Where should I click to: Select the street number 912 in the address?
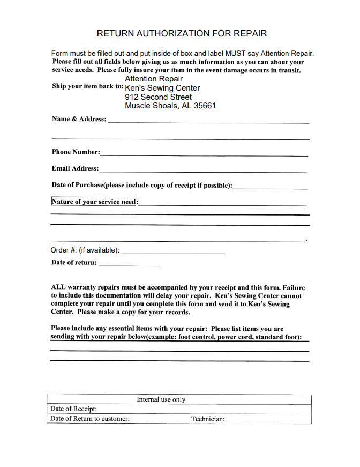[131, 97]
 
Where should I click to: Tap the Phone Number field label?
[76, 152]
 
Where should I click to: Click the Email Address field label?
[75, 168]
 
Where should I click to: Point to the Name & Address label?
[79, 119]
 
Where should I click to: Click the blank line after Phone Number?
[204, 155]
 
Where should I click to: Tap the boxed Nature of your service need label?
[94, 202]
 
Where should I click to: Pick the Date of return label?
[74, 263]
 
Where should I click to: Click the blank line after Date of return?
[129, 265]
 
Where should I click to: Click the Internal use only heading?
[161, 399]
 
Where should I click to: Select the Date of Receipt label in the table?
[73, 409]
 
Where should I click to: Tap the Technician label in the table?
[208, 419]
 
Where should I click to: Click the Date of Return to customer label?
[90, 419]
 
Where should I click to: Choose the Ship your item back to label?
[87, 87]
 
